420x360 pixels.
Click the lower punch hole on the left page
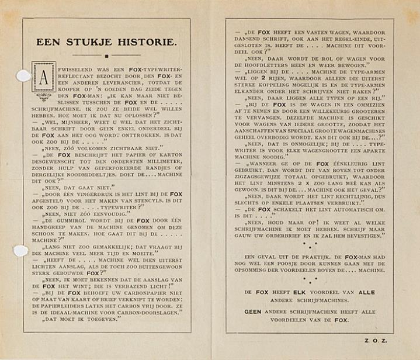(x=20, y=251)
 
